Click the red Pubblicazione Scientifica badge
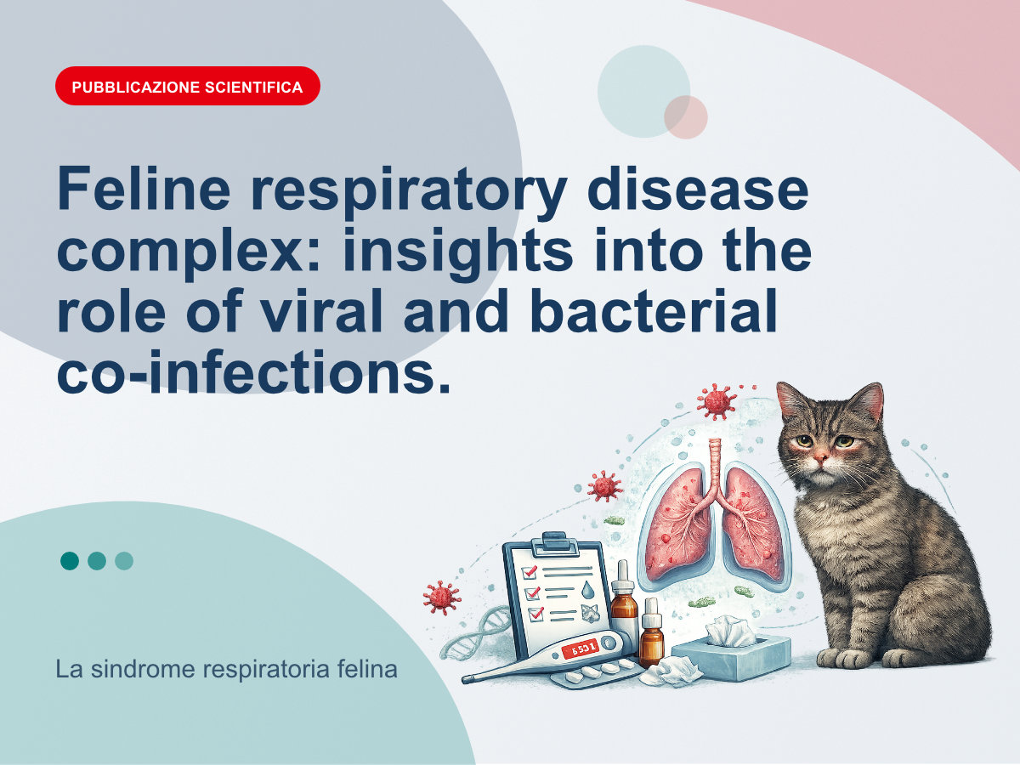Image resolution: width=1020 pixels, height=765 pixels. point(188,86)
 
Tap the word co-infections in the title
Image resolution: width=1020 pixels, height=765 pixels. point(253,371)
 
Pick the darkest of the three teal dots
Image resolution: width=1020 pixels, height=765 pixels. point(70,561)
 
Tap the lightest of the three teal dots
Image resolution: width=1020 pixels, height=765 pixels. point(124,561)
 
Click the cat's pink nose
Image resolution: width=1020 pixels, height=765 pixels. point(820,456)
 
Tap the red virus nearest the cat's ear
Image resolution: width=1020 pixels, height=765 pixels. point(717,401)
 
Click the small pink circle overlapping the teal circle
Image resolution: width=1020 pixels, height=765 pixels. point(685,117)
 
